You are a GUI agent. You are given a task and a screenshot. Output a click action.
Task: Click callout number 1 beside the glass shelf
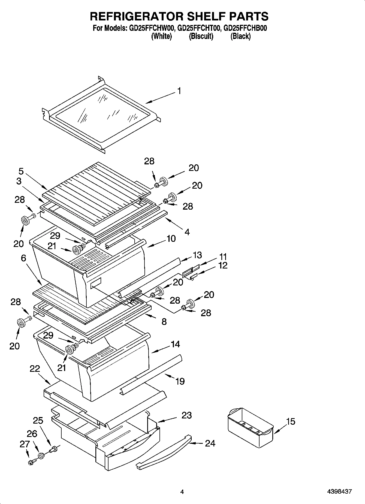point(179,91)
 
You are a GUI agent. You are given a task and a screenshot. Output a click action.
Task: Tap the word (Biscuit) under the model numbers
point(201,36)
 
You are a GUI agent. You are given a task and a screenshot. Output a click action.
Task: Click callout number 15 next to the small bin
point(291,421)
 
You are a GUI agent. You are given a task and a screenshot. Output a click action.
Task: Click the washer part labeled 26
point(41,455)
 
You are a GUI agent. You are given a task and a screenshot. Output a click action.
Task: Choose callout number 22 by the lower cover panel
point(35,369)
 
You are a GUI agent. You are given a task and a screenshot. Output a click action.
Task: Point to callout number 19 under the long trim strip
point(180,381)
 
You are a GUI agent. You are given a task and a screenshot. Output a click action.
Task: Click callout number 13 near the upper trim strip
point(197,255)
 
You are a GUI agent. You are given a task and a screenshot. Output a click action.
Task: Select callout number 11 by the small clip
point(223,256)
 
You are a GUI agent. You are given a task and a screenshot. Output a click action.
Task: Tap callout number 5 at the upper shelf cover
point(21,171)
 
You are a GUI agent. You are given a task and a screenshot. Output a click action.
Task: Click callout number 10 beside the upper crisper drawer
point(171,239)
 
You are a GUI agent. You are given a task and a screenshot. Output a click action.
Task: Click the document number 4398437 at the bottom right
point(339,492)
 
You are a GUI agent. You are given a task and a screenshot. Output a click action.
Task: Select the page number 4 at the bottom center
point(182,492)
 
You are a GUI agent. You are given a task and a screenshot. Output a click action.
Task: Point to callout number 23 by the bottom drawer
point(186,415)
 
